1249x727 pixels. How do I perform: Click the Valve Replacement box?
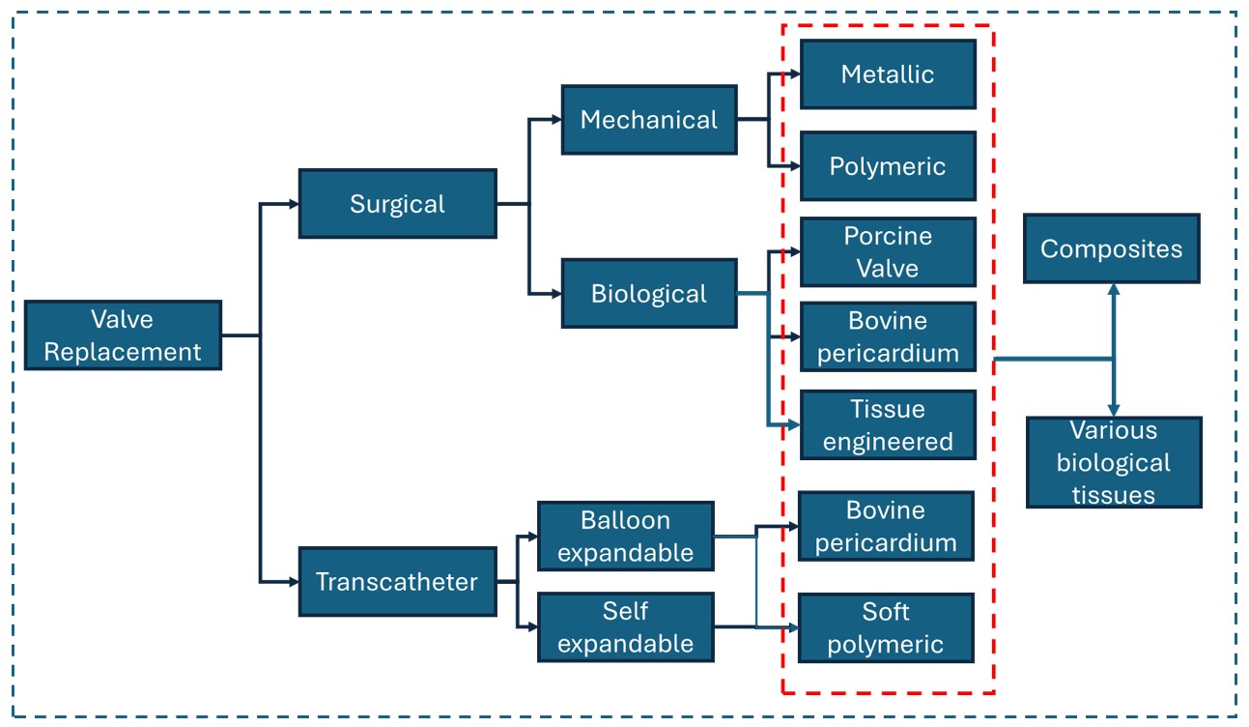(123, 335)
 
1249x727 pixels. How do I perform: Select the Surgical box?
(397, 204)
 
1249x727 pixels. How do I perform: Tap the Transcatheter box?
(397, 582)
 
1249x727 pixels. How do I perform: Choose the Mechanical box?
(649, 120)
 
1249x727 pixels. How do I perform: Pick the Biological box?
(649, 294)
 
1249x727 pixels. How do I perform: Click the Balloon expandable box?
(625, 537)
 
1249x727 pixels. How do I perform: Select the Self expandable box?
(625, 627)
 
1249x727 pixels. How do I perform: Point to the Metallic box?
(888, 74)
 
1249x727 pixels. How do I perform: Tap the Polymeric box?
(888, 166)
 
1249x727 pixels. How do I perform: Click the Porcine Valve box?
(888, 252)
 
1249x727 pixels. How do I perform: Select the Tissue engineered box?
(888, 425)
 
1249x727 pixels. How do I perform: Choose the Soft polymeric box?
(886, 627)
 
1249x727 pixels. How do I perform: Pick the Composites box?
(1111, 248)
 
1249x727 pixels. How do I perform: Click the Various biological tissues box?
(1113, 462)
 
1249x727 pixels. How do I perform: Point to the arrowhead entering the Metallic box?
(794, 74)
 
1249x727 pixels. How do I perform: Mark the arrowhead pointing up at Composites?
(1113, 289)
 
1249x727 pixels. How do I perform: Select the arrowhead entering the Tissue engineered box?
(794, 424)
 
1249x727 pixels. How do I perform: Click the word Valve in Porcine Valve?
(888, 267)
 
